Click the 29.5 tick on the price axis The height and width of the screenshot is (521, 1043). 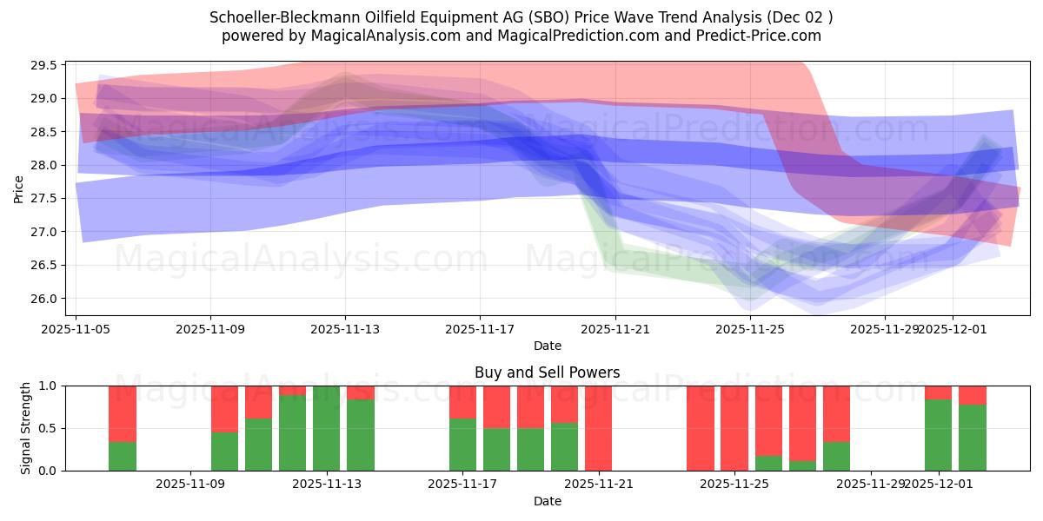[x=44, y=65]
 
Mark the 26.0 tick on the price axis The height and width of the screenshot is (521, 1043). [x=44, y=298]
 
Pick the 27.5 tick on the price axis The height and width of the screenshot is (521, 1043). [x=44, y=198]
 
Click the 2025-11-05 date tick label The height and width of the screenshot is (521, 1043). [x=76, y=329]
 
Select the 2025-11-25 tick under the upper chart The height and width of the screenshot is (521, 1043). [x=750, y=329]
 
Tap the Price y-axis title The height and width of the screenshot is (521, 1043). [x=18, y=188]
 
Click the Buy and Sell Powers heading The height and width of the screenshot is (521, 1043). [x=547, y=373]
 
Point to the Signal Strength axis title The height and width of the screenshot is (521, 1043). [x=25, y=427]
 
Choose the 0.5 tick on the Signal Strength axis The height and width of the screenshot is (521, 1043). [x=48, y=428]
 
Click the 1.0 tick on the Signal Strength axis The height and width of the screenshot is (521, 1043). [x=48, y=386]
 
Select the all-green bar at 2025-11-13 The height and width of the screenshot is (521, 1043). [x=326, y=428]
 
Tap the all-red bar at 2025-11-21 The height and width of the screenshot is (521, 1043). [x=598, y=428]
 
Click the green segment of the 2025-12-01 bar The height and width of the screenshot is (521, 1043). [x=938, y=435]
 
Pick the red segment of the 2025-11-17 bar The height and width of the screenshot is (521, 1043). [x=462, y=402]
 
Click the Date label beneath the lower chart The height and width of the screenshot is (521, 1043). [x=547, y=501]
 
